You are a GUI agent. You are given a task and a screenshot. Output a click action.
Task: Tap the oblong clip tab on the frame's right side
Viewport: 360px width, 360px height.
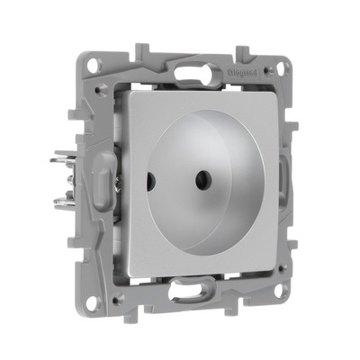pyautogui.click(x=286, y=175)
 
